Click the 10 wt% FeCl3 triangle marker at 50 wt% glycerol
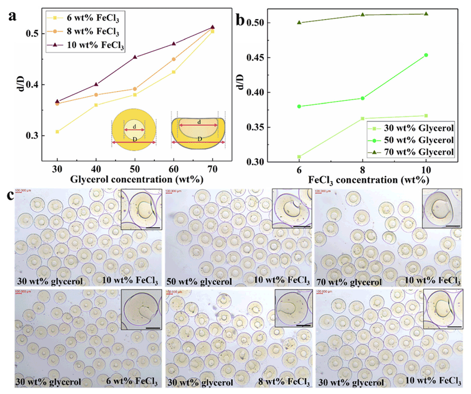click(x=135, y=57)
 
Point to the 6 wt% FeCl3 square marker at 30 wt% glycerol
click(x=57, y=131)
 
